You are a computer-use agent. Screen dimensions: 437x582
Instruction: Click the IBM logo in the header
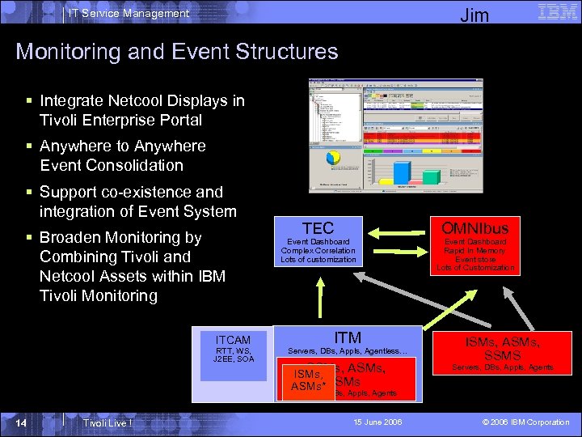(x=557, y=11)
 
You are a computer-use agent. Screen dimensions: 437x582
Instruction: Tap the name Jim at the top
(x=474, y=15)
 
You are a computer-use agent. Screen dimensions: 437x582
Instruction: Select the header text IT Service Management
(x=128, y=13)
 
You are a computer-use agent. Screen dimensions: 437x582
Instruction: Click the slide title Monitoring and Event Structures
(x=176, y=52)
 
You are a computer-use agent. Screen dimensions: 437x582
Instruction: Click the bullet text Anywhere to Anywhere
(x=122, y=146)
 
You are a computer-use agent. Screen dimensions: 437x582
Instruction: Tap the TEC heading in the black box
(x=318, y=228)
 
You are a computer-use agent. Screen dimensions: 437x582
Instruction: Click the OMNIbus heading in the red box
(x=474, y=227)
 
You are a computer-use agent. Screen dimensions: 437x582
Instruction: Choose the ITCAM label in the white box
(x=233, y=340)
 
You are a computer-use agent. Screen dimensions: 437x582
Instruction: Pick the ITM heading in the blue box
(x=348, y=337)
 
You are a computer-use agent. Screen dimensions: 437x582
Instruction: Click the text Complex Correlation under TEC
(x=318, y=251)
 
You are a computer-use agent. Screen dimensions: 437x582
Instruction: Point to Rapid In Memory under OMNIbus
(x=474, y=251)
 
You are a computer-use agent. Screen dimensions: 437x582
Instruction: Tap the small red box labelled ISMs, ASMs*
(x=308, y=380)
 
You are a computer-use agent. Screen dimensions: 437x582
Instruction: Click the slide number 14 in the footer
(x=26, y=422)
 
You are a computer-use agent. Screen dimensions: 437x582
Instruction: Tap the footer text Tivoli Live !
(x=108, y=423)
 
